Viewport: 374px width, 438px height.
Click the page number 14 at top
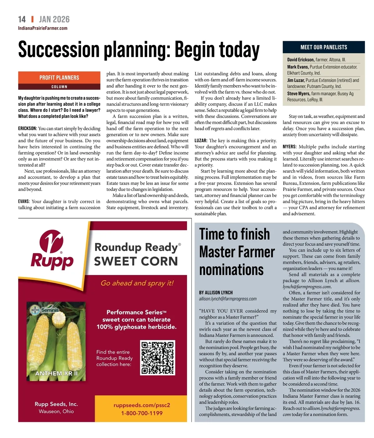[x=22, y=19]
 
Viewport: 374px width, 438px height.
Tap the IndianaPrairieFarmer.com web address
[x=43, y=28]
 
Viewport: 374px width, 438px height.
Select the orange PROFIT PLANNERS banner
[x=59, y=78]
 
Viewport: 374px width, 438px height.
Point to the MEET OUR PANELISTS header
[x=324, y=47]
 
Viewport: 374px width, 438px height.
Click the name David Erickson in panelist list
[x=300, y=60]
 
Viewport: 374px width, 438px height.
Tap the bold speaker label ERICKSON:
[x=27, y=128]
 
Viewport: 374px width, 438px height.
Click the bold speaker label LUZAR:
[x=201, y=141]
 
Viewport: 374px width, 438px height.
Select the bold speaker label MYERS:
[x=290, y=147]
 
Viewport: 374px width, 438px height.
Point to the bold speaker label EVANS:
[x=24, y=201]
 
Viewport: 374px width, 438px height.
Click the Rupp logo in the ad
[x=52, y=250]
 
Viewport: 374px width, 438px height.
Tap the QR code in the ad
[x=158, y=357]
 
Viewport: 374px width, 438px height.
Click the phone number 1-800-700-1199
[x=142, y=413]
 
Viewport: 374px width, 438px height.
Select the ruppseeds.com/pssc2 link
[x=142, y=405]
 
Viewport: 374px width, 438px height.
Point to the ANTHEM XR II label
[x=56, y=373]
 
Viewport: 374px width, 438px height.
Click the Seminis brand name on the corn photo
[x=50, y=310]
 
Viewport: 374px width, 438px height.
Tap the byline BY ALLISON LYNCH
[x=216, y=292]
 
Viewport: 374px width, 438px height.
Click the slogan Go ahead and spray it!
[x=137, y=283]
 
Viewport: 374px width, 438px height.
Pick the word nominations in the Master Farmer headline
[x=231, y=270]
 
